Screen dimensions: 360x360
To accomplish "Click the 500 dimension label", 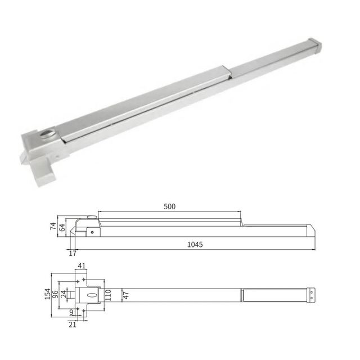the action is [x=169, y=206].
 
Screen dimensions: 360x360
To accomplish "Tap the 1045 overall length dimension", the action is [x=195, y=245].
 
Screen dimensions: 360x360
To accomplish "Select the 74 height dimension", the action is [x=53, y=226].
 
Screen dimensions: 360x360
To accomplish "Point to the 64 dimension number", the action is [x=62, y=227].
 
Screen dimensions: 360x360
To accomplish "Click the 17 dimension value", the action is [x=73, y=254].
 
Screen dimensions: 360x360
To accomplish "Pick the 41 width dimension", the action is [x=82, y=266].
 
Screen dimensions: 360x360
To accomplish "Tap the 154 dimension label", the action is [x=47, y=294].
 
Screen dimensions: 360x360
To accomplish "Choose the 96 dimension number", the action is [x=55, y=294].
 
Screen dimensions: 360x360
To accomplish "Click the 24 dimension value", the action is [x=64, y=294].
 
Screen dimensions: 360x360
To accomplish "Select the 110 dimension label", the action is [x=108, y=295].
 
